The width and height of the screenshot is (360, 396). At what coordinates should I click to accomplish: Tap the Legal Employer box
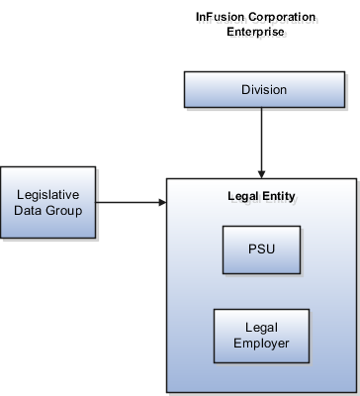(262, 336)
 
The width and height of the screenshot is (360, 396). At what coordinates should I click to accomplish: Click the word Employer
(262, 344)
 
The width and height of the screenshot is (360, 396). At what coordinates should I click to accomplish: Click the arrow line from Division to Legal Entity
(261, 139)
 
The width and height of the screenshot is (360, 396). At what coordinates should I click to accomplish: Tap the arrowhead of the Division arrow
(261, 173)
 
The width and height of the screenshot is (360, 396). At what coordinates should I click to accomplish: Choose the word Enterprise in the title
(257, 33)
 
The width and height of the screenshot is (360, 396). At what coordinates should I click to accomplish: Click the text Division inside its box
(264, 90)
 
